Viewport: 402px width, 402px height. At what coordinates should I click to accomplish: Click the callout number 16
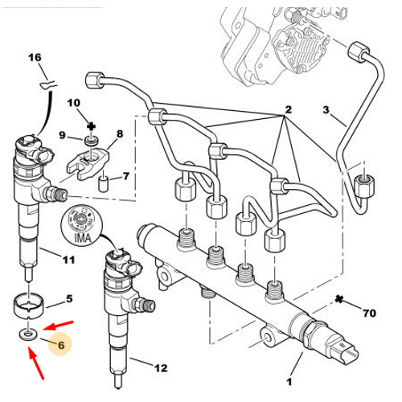tap(35, 57)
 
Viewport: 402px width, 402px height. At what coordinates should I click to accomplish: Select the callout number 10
tap(74, 103)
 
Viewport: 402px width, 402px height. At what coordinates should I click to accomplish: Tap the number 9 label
tap(62, 135)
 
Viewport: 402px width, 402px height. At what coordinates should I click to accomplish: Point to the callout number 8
tap(120, 133)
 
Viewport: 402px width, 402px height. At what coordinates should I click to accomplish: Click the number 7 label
tap(126, 176)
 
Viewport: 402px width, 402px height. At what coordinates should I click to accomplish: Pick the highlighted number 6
tap(61, 345)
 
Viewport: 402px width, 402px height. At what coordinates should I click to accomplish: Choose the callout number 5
tap(69, 298)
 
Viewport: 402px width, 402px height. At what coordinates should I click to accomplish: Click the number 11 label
tap(68, 260)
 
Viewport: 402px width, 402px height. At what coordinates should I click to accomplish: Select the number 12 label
tap(161, 368)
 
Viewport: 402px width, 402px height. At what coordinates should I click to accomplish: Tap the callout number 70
tap(370, 313)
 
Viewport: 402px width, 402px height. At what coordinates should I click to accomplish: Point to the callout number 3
tap(326, 109)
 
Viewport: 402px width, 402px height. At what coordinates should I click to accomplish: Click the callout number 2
tap(288, 109)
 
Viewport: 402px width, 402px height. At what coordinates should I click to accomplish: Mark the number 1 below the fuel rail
tap(289, 382)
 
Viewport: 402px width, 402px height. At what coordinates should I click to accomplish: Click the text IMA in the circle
tap(83, 237)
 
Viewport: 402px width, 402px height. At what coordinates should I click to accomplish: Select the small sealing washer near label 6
tap(28, 334)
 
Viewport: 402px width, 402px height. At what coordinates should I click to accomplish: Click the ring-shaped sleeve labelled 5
tap(28, 306)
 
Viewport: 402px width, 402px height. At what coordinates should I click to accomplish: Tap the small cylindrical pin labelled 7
tap(103, 183)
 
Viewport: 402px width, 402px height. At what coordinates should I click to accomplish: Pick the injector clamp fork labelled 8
tap(88, 163)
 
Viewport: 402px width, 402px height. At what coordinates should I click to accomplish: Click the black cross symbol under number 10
tap(92, 126)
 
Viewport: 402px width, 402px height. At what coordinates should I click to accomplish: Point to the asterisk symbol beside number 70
tap(339, 299)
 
